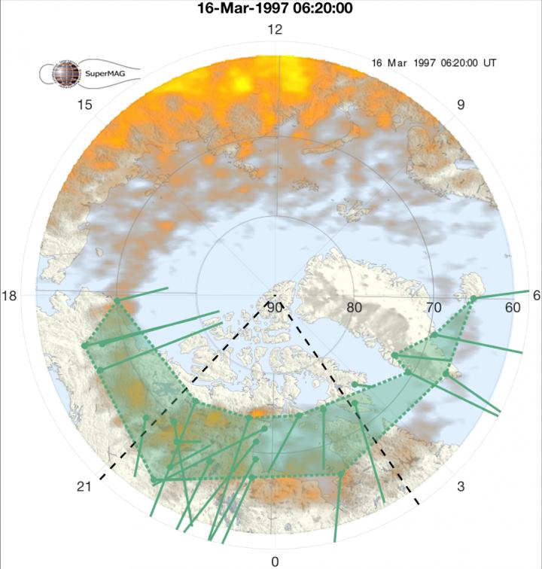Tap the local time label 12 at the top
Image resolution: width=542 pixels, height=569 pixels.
pos(275,30)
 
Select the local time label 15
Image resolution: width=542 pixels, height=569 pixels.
pos(84,105)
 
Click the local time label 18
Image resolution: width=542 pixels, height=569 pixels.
pos(10,296)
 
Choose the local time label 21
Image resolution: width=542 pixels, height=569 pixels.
pos(84,488)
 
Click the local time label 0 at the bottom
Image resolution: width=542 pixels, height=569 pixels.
pos(275,561)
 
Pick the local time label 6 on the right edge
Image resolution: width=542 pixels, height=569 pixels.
pos(536,296)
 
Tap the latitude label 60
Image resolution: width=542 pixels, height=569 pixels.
pos(513,307)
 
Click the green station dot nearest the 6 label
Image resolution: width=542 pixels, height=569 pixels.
pos(473,300)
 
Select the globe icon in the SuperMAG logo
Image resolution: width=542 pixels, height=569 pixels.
pos(63,74)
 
